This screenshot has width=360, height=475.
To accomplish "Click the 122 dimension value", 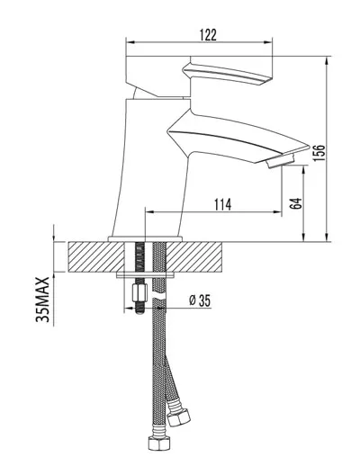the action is click(208, 35).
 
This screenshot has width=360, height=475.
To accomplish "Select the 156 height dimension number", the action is click(319, 153).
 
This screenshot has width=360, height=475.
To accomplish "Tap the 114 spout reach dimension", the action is click(222, 204).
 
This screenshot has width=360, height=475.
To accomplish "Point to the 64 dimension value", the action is click(296, 203).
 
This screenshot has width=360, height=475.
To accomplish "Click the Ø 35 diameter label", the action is click(200, 300).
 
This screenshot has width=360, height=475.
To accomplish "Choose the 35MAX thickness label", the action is click(42, 300).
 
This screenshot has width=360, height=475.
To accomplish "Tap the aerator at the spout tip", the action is click(280, 161).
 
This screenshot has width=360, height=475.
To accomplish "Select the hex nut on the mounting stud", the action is click(139, 292).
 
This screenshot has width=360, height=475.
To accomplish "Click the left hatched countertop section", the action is click(96, 257).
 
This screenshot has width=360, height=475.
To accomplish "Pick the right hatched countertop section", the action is click(193, 257).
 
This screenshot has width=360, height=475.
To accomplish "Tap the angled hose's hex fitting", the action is click(179, 417).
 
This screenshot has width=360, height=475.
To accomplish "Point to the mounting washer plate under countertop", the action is click(146, 275).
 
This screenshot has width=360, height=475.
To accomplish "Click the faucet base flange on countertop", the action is click(145, 239).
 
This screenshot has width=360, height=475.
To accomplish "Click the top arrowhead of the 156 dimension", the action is click(327, 61).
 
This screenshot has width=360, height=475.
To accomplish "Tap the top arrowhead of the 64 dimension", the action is click(303, 170).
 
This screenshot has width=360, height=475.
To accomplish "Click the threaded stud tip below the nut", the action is click(139, 308).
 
